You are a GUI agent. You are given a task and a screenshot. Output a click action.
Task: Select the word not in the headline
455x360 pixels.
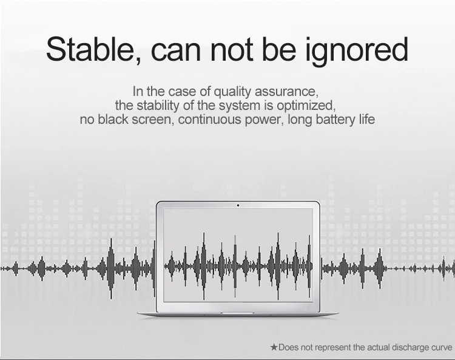(x=232, y=50)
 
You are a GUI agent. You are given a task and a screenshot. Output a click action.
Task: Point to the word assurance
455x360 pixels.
(x=286, y=92)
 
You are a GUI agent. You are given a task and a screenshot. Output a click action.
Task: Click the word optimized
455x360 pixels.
(x=306, y=106)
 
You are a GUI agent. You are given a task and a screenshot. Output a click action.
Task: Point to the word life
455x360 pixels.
(x=367, y=119)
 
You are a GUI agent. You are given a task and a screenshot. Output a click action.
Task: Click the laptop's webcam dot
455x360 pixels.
(x=238, y=206)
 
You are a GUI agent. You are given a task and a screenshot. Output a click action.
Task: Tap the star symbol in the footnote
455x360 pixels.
(x=274, y=347)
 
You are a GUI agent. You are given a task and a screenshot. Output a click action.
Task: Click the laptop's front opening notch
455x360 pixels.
(x=237, y=313)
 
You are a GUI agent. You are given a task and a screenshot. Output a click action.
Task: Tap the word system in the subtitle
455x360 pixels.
(x=240, y=106)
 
